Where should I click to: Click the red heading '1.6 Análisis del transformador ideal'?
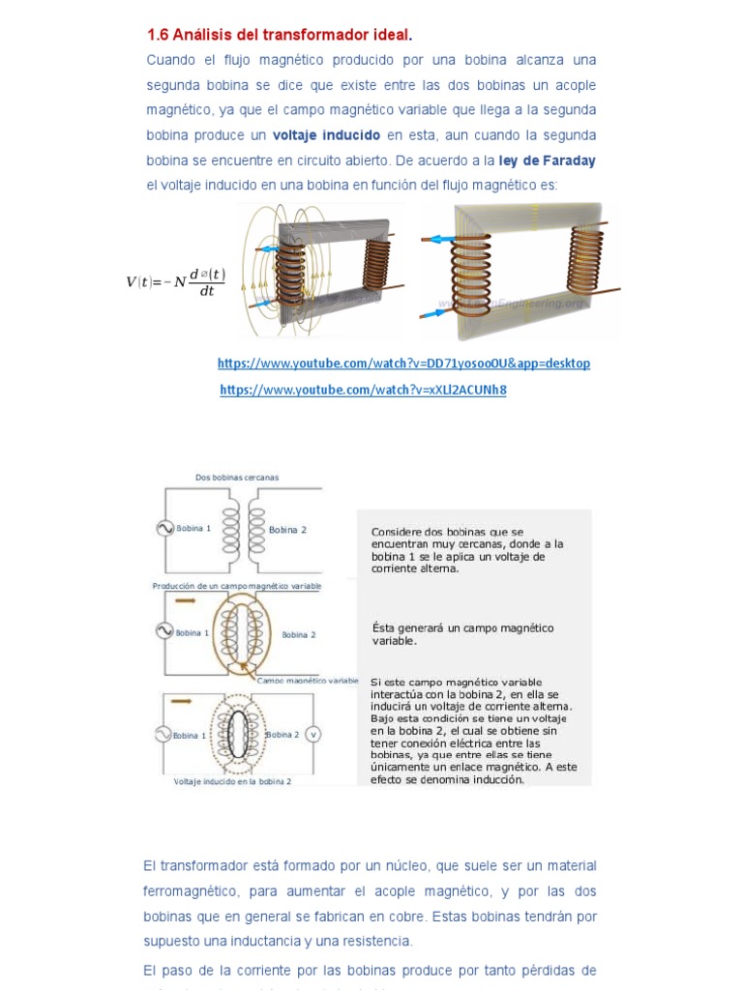click(x=279, y=35)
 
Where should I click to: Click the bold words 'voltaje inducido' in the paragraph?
click(x=326, y=134)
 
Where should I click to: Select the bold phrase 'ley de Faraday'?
click(x=547, y=160)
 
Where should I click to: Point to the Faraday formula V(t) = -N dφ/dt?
click(x=175, y=281)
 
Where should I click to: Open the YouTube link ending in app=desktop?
click(x=403, y=364)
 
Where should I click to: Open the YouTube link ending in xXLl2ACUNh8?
click(x=363, y=390)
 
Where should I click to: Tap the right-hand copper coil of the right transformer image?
click(x=585, y=261)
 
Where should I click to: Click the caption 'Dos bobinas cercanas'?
click(x=236, y=477)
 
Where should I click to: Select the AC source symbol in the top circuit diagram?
click(x=164, y=528)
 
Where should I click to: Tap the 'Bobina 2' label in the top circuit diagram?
click(x=287, y=530)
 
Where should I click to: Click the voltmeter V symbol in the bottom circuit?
click(x=312, y=735)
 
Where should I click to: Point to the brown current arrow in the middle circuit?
click(x=185, y=600)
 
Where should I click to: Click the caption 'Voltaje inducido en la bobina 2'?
click(x=232, y=781)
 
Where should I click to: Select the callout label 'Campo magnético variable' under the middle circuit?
click(x=307, y=681)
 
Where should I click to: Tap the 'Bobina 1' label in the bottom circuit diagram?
click(x=190, y=736)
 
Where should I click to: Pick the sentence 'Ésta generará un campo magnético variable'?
click(x=462, y=633)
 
